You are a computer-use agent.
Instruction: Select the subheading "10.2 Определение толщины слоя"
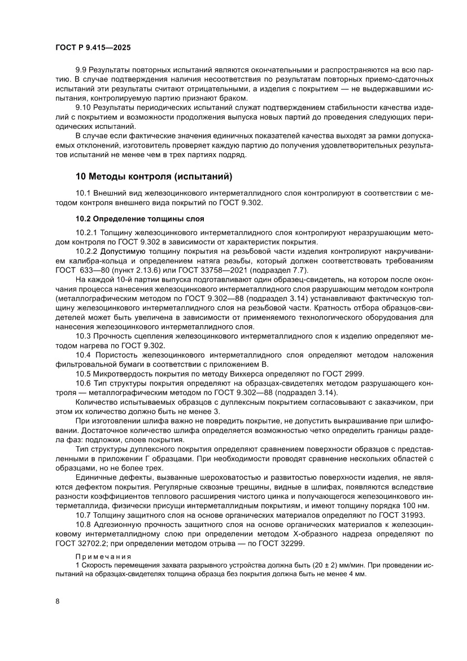pyautogui.click(x=139, y=218)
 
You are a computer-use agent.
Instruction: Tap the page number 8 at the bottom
pyautogui.click(x=58, y=601)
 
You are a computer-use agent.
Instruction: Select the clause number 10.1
pyautogui.click(x=83, y=193)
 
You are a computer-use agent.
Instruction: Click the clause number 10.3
pyautogui.click(x=83, y=337)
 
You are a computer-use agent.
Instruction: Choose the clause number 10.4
pyautogui.click(x=83, y=355)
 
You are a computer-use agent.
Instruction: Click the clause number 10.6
pyautogui.click(x=83, y=383)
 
